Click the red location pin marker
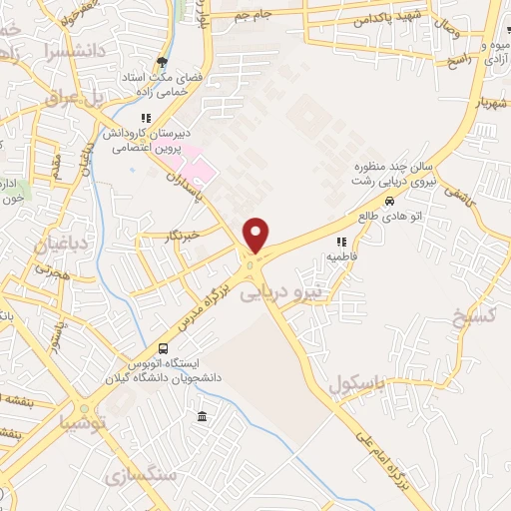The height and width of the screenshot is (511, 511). [256, 235]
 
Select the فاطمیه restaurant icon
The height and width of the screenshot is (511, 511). [341, 242]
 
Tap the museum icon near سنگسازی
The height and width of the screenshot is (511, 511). [203, 416]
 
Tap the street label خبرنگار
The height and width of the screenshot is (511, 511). [181, 237]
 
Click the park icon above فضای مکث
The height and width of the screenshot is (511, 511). [161, 62]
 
